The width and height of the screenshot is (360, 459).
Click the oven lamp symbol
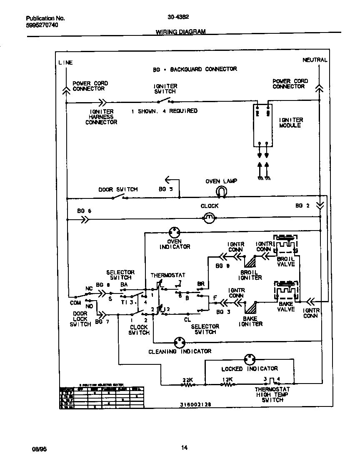point(221,191)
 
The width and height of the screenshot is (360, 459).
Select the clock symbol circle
point(209,217)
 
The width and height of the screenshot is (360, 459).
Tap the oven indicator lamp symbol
point(174,233)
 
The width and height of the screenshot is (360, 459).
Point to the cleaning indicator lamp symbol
point(180,342)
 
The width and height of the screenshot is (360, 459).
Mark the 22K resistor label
point(187,380)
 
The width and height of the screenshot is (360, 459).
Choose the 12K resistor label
point(227,380)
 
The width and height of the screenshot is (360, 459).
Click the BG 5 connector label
point(165,189)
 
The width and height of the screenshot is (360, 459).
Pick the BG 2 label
point(302,206)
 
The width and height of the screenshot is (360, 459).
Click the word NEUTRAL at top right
point(315,60)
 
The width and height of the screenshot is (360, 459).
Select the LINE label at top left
point(65,63)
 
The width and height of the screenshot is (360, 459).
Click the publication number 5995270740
point(42,25)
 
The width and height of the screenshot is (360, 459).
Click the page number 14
point(184,448)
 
